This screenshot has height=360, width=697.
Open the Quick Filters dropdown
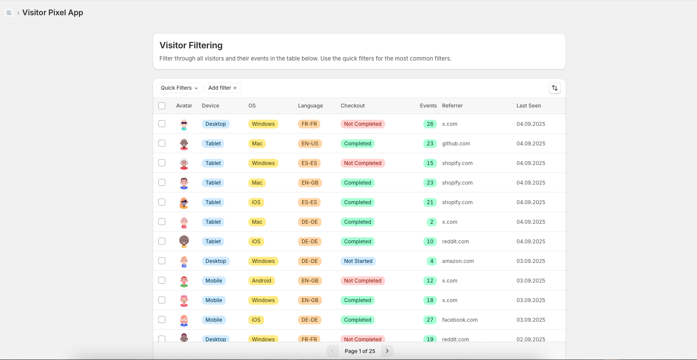coord(179,88)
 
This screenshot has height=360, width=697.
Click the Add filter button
coord(222,88)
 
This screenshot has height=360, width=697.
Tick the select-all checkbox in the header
coord(162,106)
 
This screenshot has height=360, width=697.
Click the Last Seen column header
coord(529,106)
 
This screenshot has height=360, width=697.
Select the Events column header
coord(428,106)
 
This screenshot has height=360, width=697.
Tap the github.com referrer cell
coord(456,144)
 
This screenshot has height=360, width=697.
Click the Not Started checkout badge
coord(358,261)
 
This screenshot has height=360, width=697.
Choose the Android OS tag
coord(261,281)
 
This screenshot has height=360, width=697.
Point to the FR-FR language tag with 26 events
coord(309,124)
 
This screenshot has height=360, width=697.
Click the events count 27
coord(430,320)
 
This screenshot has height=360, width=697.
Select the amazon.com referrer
coord(458,261)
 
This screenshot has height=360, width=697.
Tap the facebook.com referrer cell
coord(459,320)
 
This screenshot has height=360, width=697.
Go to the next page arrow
coord(387,351)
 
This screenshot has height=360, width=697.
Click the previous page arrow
coord(333,351)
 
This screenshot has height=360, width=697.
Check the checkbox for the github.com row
coord(162,143)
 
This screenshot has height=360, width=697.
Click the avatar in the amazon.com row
coord(184,261)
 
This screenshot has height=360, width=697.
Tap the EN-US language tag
coord(310,144)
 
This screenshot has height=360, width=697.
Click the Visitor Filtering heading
coord(191,45)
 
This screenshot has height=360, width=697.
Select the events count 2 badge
coord(432,222)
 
